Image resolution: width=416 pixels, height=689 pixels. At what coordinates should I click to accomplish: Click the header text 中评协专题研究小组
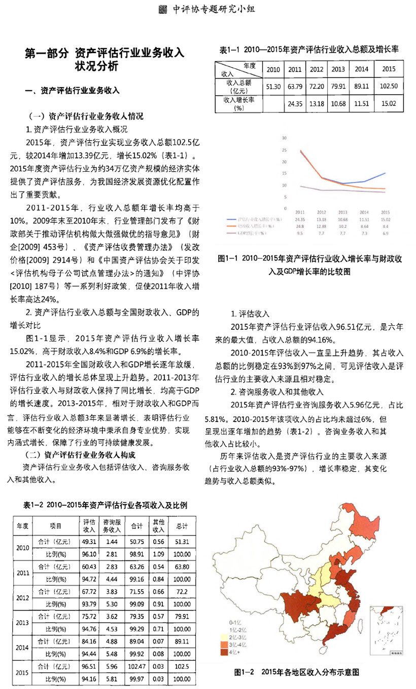(213, 9)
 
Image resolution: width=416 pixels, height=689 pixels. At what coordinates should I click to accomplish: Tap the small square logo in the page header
(162, 9)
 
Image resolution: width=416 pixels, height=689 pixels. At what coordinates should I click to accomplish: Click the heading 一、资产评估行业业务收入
(72, 91)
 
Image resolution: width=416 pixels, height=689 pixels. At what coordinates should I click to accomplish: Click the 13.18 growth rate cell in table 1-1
(316, 103)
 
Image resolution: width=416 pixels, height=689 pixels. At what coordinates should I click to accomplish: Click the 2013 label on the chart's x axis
(342, 212)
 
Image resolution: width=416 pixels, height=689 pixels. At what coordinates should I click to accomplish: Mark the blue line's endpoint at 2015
(385, 173)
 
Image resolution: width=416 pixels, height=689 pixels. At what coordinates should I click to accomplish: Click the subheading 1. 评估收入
(251, 314)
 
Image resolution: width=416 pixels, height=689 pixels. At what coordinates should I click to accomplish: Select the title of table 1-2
(106, 505)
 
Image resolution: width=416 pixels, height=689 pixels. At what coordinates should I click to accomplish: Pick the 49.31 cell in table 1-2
(89, 542)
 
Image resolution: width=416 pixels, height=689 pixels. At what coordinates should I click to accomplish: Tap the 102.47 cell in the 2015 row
(136, 666)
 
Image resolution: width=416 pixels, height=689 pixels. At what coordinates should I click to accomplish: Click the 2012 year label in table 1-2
(22, 597)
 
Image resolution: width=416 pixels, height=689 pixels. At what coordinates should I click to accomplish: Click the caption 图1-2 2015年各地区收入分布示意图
(297, 672)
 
